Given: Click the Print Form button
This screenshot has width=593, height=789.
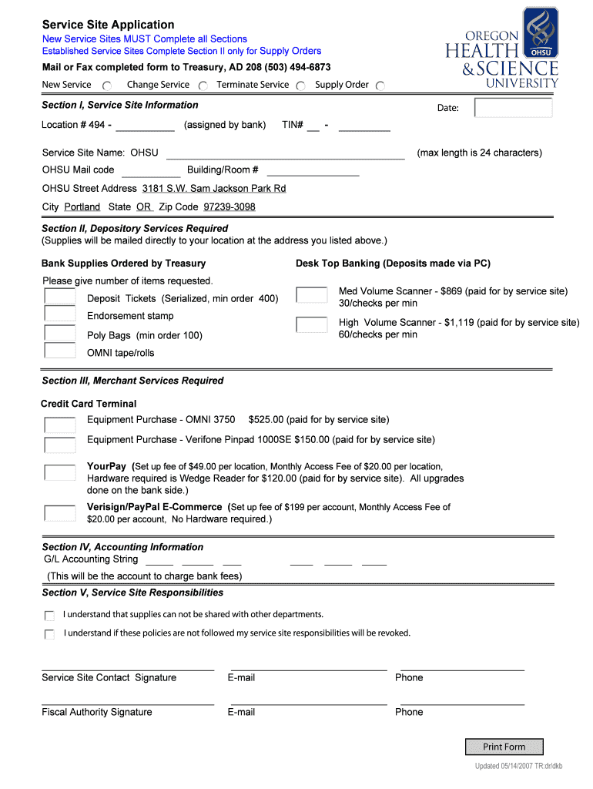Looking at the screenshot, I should pos(504,747).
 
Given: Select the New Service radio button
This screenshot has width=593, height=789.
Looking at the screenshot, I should pos(107,86).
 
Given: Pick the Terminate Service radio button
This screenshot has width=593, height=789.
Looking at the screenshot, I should pos(300,86).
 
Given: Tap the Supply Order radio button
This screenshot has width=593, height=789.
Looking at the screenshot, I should pos(380,86).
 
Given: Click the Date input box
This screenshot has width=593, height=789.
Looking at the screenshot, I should pos(513,108).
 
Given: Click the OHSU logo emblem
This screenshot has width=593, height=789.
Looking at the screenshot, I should pos(541,32).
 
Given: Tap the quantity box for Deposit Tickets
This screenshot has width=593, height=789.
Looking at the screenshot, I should pos(59,297).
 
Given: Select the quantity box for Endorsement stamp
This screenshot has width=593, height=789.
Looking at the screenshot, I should pos(59,314).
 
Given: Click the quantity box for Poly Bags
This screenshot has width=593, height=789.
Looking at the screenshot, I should pos(59,333).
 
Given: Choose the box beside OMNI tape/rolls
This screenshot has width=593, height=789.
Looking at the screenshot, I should pos(59,351).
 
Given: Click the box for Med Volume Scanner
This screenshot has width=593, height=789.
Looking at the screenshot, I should pos(311,295).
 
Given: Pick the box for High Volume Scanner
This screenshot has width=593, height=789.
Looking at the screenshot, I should pos(311,324).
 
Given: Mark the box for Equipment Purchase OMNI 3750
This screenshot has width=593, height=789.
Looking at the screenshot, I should pos(59,425).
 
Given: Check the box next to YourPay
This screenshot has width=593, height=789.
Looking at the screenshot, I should pos(59,472).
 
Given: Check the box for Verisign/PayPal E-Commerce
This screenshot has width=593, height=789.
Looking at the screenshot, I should pos(59,512).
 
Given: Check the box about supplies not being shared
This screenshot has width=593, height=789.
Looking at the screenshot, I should pos(49,616).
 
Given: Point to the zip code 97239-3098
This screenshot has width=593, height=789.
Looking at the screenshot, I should pos(229,207).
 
